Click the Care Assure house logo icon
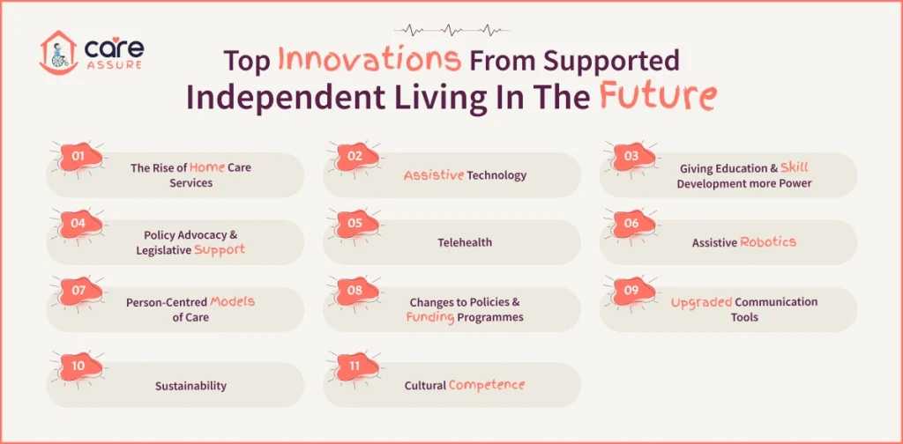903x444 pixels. (58, 52)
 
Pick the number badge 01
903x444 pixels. (78, 157)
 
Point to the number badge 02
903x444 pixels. (354, 157)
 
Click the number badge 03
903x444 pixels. (631, 157)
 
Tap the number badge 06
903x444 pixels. (631, 224)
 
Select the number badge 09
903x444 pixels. (631, 291)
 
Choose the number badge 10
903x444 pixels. (78, 366)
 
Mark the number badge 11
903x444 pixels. (354, 366)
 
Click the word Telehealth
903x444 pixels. (465, 242)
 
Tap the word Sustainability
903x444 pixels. (190, 385)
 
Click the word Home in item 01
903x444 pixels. (208, 167)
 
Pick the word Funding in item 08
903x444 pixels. (429, 317)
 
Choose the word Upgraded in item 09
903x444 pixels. (701, 301)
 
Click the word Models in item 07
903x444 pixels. (232, 301)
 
